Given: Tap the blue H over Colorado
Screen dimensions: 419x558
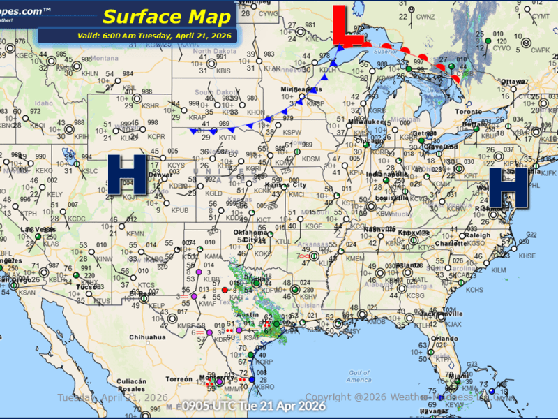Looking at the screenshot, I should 127,175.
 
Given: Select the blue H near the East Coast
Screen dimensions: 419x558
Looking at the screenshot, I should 507,186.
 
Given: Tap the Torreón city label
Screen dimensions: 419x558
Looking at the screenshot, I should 179,379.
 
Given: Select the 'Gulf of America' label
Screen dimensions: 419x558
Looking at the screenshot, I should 360,376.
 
